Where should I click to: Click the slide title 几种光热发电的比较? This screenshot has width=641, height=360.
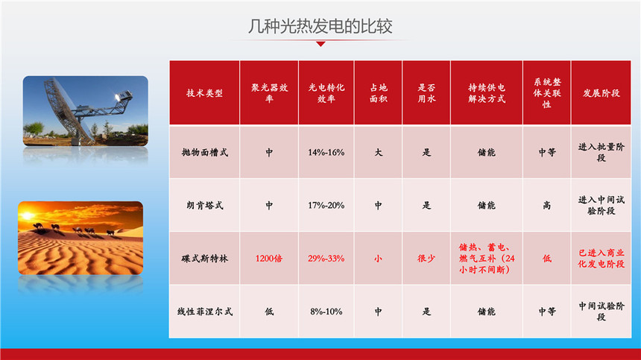click(x=320, y=27)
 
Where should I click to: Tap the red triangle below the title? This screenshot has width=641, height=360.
click(x=321, y=44)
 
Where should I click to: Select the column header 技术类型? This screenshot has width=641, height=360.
click(x=204, y=93)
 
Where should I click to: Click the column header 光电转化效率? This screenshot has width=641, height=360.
click(x=326, y=93)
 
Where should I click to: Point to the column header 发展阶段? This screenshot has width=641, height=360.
click(x=601, y=93)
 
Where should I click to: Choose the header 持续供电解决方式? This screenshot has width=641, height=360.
click(x=487, y=93)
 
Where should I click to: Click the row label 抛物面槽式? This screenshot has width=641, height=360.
click(x=204, y=152)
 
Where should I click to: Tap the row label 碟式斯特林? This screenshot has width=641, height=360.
click(x=204, y=258)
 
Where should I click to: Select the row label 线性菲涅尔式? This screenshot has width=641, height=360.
click(x=204, y=312)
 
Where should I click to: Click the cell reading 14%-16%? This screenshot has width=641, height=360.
click(x=326, y=152)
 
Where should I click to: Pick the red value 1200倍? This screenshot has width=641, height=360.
click(x=268, y=258)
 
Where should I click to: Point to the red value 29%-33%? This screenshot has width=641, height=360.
click(x=326, y=258)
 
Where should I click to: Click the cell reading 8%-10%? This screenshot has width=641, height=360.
click(x=326, y=312)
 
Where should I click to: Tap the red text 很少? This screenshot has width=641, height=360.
click(x=426, y=258)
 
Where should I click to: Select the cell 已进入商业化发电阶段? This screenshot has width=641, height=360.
click(x=601, y=258)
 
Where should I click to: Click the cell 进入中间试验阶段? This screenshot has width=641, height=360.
click(x=601, y=205)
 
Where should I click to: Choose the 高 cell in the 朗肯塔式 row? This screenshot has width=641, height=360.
click(x=546, y=205)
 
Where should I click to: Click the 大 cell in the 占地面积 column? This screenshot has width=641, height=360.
click(x=378, y=152)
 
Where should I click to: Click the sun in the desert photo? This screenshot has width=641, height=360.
click(x=27, y=215)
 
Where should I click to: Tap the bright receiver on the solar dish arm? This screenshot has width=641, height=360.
click(x=119, y=97)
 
